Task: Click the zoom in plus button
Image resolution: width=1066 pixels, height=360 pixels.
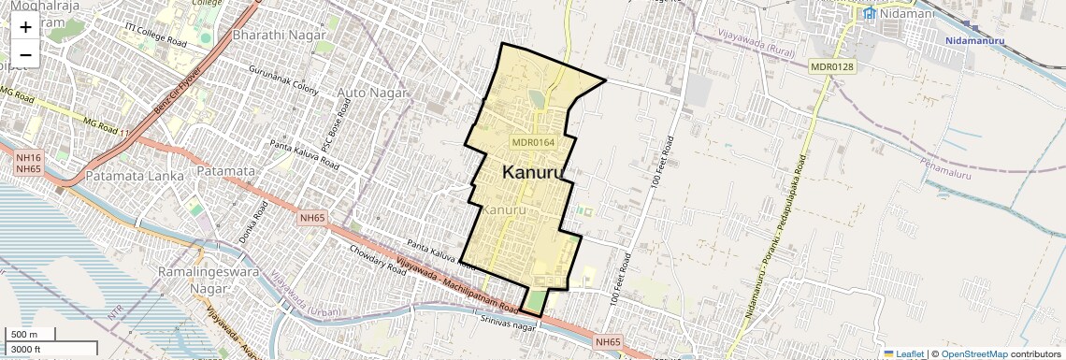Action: [x=25, y=27]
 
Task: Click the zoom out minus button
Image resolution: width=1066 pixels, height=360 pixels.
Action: [x=25, y=55]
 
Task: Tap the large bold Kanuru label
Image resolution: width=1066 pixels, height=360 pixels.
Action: [x=533, y=173]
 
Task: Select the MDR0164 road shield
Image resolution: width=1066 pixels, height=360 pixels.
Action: [x=533, y=142]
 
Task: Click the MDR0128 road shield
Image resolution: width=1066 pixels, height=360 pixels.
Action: [x=833, y=66]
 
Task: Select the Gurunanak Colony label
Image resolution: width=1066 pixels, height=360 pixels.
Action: [x=283, y=77]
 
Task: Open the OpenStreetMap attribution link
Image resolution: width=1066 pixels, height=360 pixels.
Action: [x=974, y=354]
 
